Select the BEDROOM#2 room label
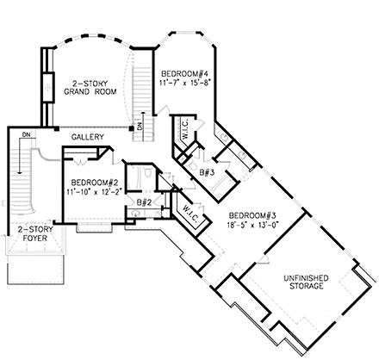pos(95,182)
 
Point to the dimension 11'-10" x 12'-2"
pos(95,192)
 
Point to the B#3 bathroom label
pos(207,172)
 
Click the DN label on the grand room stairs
pos(140,127)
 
